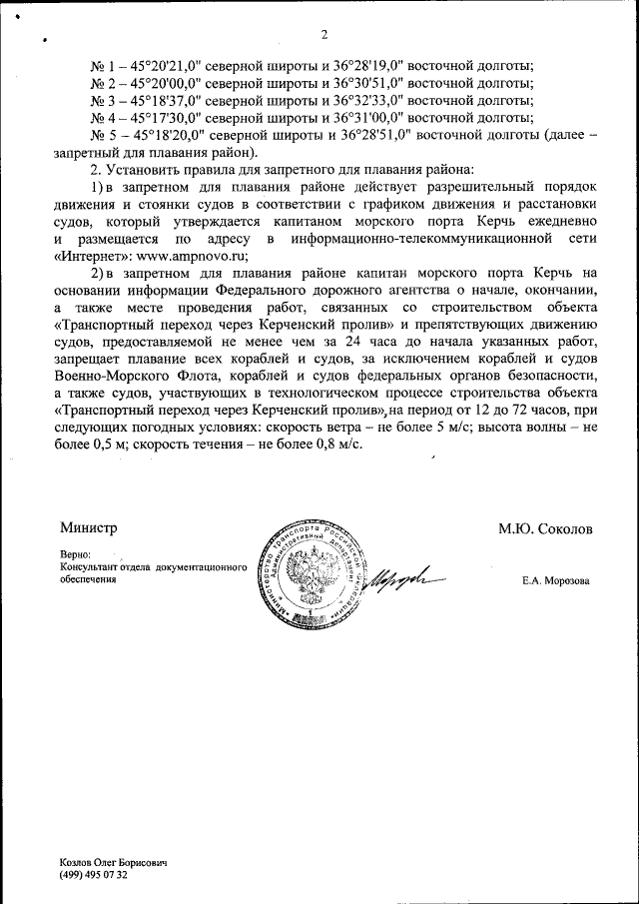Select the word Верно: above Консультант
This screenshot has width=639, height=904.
(76, 554)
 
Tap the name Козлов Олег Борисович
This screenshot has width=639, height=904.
(112, 861)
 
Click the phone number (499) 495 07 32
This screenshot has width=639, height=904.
(94, 874)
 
